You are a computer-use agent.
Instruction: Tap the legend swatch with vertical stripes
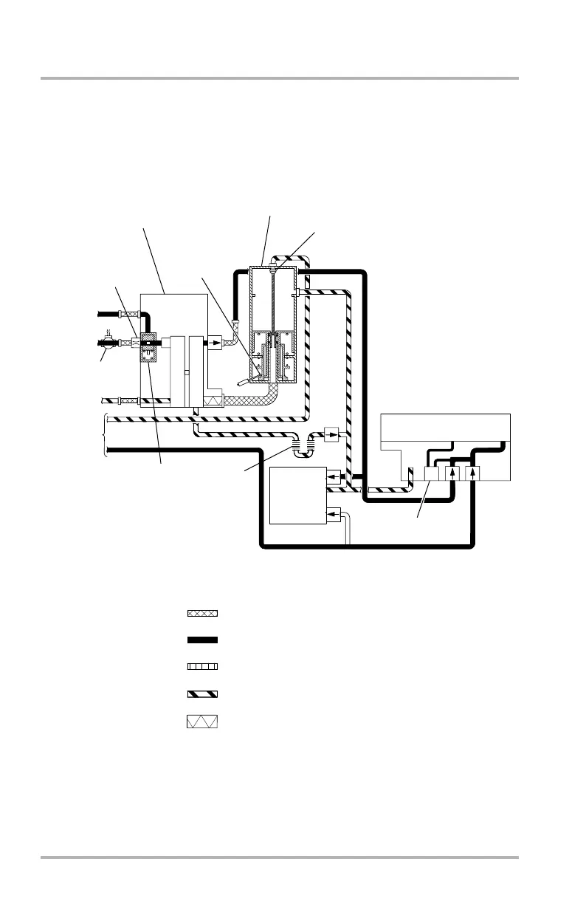(202, 666)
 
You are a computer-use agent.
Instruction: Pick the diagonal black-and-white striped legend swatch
(202, 693)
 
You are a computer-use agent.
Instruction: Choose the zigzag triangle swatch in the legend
(202, 722)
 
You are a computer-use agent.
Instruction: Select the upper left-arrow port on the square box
(334, 477)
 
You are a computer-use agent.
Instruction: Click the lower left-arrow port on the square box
(334, 513)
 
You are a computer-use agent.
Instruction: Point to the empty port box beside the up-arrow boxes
(432, 473)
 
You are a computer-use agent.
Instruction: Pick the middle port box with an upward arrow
(452, 473)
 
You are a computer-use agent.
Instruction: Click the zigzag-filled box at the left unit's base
(213, 400)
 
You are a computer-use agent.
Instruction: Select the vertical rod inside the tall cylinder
(274, 303)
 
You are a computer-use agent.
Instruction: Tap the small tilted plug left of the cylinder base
(244, 382)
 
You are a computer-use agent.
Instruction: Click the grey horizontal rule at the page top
(280, 78)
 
